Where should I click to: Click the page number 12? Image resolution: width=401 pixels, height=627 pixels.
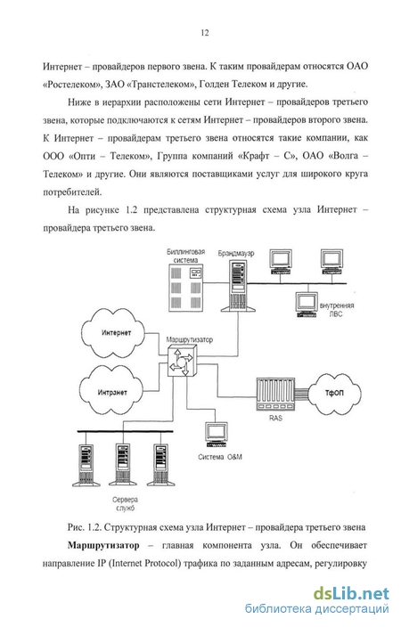pyautogui.click(x=204, y=33)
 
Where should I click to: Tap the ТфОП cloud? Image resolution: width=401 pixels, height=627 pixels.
pyautogui.click(x=334, y=393)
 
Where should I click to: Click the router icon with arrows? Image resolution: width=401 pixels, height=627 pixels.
pyautogui.click(x=183, y=361)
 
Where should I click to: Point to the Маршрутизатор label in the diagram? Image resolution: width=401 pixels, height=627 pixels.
pyautogui.click(x=190, y=339)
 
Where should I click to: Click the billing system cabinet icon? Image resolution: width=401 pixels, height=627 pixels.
pyautogui.click(x=185, y=287)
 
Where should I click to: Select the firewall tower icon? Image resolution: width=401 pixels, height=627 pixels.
pyautogui.click(x=239, y=286)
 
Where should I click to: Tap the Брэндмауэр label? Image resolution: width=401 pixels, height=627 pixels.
pyautogui.click(x=236, y=253)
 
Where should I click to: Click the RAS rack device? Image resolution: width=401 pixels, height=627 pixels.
pyautogui.click(x=275, y=394)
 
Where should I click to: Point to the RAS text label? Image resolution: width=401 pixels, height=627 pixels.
pyautogui.click(x=275, y=418)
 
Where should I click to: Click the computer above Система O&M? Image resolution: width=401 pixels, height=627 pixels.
pyautogui.click(x=217, y=435)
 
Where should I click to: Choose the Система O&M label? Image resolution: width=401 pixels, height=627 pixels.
pyautogui.click(x=220, y=457)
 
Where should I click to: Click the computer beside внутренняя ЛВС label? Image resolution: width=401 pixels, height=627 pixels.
pyautogui.click(x=307, y=305)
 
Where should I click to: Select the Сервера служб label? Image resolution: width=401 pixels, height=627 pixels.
pyautogui.click(x=126, y=504)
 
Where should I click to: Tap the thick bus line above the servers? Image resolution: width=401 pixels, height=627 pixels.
pyautogui.click(x=126, y=431)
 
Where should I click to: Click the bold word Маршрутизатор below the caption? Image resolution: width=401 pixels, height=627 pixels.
pyautogui.click(x=103, y=545)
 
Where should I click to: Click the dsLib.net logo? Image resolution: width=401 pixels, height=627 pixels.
pyautogui.click(x=351, y=593)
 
